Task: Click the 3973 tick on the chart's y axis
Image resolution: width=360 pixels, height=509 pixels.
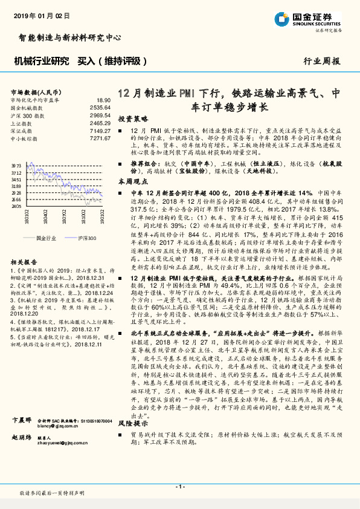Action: tap(17, 164)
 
